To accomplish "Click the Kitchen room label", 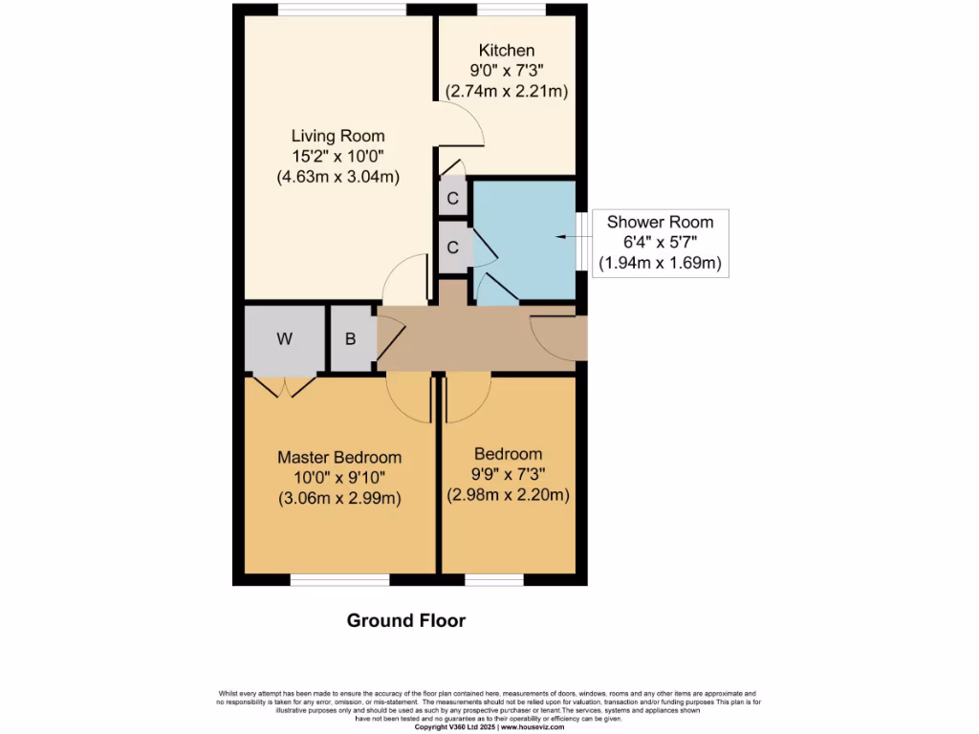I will coord(507,51).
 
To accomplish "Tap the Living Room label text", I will coord(337,136).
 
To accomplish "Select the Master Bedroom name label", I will coord(339,458).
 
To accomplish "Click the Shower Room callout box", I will coord(660,243).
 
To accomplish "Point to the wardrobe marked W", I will coord(284,338).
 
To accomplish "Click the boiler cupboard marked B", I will coord(351,338).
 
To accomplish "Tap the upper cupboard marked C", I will coord(453,200).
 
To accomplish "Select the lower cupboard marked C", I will coord(453,247).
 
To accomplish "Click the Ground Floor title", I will coord(405,620).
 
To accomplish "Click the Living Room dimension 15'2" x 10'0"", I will coord(337,156).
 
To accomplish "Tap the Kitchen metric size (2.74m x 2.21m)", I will coord(507,92).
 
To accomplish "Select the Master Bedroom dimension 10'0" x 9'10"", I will coord(339,478).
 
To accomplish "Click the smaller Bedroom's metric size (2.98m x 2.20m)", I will coord(509,495).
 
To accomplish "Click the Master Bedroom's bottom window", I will coord(339,579).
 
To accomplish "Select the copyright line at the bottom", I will coord(489,727).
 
